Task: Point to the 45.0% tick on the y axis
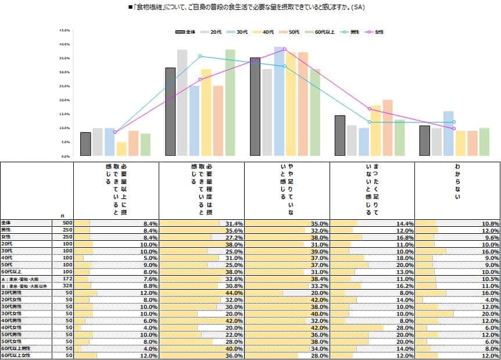[65, 30]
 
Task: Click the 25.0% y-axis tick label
[65, 86]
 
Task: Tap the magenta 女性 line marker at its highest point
[285, 49]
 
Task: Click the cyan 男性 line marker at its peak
[200, 56]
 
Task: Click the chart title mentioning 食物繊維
[246, 7]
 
